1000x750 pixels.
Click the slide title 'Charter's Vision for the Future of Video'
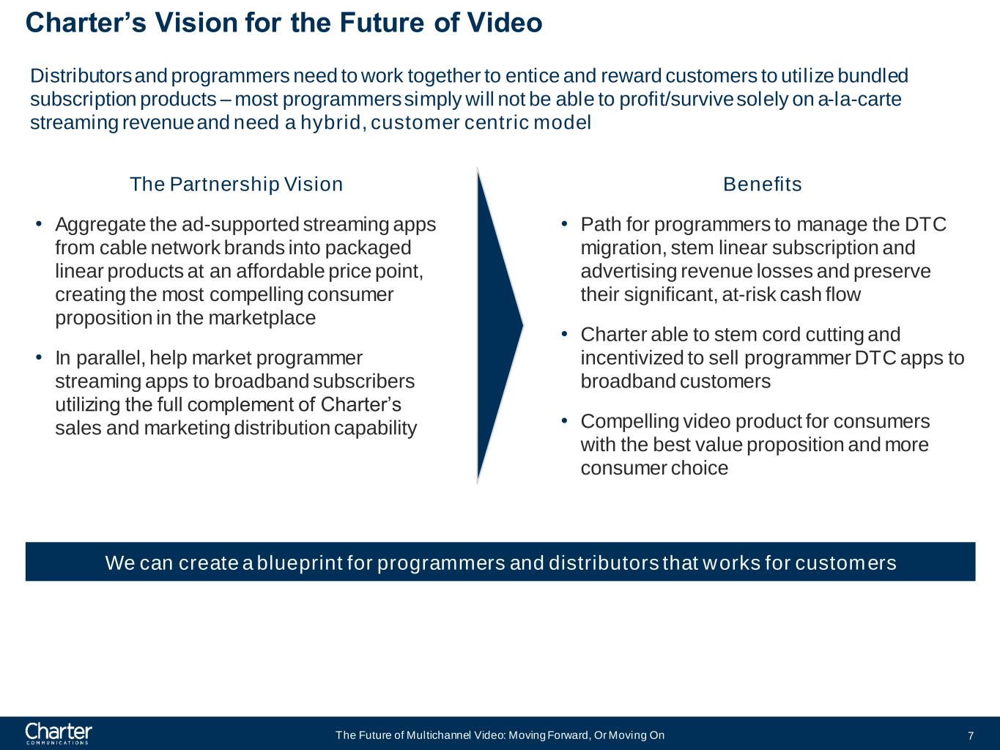[284, 23]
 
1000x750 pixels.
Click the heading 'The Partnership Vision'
[236, 184]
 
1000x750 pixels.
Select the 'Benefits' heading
[762, 184]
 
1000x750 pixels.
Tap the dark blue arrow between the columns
[496, 324]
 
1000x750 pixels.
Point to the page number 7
[970, 736]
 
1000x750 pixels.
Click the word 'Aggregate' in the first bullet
[100, 224]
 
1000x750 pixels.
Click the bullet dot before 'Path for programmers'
[564, 223]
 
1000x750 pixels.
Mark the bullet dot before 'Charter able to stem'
[564, 334]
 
